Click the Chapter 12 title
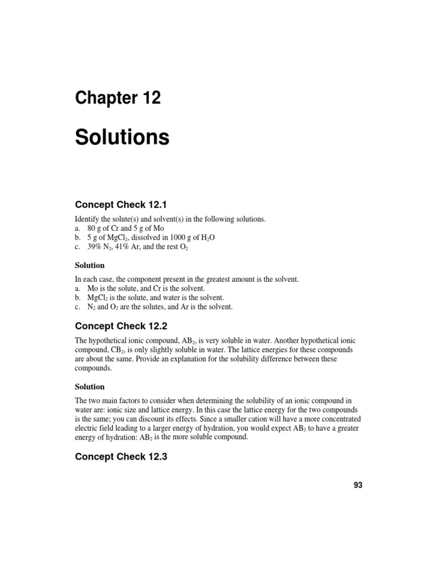click(118, 98)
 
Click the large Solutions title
click(122, 137)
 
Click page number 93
click(357, 486)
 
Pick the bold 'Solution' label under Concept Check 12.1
click(90, 265)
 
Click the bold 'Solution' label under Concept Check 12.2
click(90, 386)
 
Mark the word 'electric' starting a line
click(86, 428)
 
